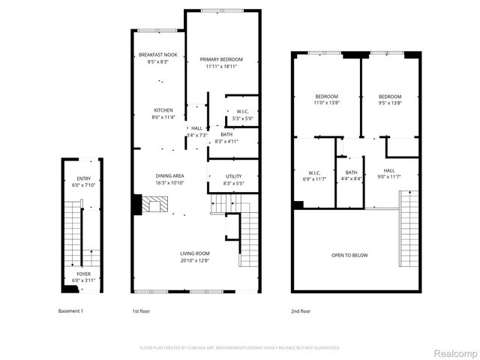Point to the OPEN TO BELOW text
pyautogui.click(x=349, y=255)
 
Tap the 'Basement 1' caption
pyautogui.click(x=70, y=310)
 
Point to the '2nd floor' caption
pyautogui.click(x=301, y=310)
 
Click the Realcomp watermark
pyautogui.click(x=451, y=352)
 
